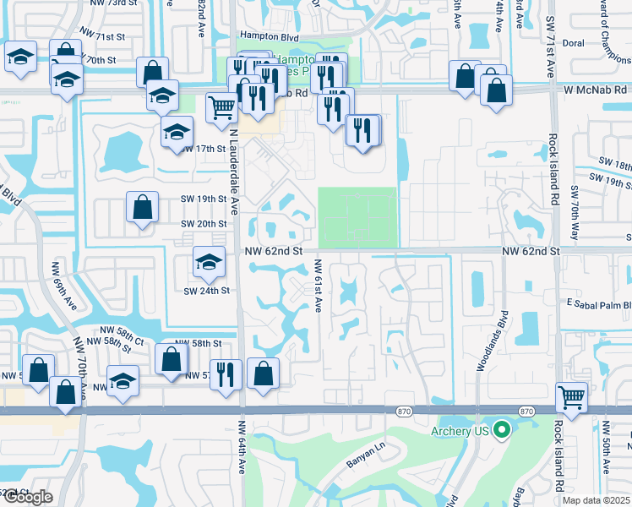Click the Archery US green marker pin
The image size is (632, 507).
tap(502, 430)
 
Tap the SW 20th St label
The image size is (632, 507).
tap(204, 223)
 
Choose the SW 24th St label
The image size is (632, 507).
tap(207, 291)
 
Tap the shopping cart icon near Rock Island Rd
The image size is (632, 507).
tap(572, 397)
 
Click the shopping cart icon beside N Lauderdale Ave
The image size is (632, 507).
tap(221, 107)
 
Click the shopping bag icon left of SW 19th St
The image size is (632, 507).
tap(142, 206)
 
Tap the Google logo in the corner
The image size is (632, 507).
tap(27, 497)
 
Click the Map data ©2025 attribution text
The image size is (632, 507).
tap(596, 500)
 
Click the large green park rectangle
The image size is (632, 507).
tap(357, 217)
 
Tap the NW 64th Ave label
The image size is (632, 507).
tap(242, 448)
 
